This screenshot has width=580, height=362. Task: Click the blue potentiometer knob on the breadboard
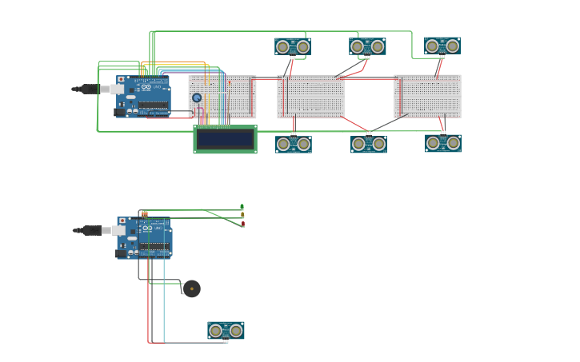(197, 97)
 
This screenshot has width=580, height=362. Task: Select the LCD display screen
(225, 139)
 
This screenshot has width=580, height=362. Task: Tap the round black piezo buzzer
(191, 288)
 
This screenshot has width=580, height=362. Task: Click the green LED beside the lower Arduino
(242, 207)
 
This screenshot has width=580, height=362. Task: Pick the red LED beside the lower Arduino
(242, 225)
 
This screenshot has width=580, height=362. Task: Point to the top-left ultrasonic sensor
(293, 46)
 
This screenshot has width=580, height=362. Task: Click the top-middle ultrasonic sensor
(367, 46)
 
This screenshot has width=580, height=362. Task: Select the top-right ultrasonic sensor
(442, 46)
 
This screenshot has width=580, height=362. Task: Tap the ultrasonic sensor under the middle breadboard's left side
(294, 144)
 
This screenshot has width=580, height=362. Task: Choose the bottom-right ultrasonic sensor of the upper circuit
(443, 143)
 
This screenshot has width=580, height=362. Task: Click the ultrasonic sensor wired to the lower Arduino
(226, 330)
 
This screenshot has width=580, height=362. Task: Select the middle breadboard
(311, 96)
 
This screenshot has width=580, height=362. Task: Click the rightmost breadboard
(427, 96)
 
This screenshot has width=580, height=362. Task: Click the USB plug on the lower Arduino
(91, 230)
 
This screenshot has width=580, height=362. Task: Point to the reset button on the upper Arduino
(122, 80)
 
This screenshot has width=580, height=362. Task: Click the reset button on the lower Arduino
(122, 221)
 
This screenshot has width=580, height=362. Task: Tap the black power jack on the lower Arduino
(120, 253)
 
